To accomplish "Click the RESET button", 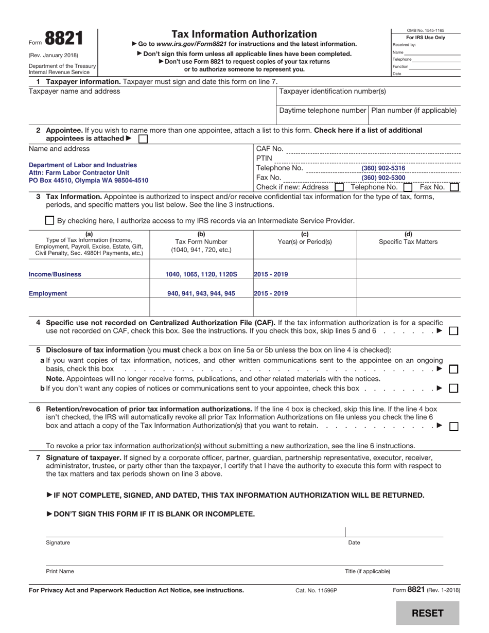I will pyautogui.click(x=427, y=613).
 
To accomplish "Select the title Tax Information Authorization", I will pyautogui.click(x=244, y=34).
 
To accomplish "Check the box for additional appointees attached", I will pyautogui.click(x=143, y=139).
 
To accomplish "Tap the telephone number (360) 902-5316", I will pyautogui.click(x=383, y=168).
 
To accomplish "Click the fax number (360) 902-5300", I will pyautogui.click(x=383, y=178).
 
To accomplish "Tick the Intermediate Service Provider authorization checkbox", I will pyautogui.click(x=49, y=221).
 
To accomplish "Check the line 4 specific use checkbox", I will pyautogui.click(x=453, y=331).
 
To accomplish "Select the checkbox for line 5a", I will pyautogui.click(x=453, y=369).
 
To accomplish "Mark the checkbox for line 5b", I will pyautogui.click(x=453, y=389).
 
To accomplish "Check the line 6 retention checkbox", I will pyautogui.click(x=453, y=426).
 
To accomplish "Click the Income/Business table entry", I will pyautogui.click(x=55, y=274).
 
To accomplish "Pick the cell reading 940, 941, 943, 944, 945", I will pyautogui.click(x=201, y=293).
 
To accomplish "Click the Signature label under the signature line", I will pyautogui.click(x=58, y=542).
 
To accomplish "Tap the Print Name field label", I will pyautogui.click(x=60, y=571).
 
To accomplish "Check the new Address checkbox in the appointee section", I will pyautogui.click(x=339, y=188).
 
